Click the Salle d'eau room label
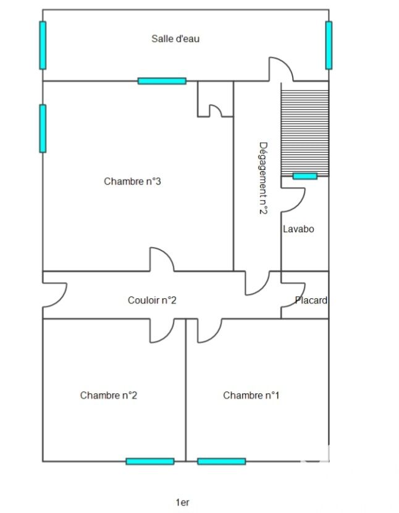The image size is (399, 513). [175, 39]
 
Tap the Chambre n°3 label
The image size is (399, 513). [132, 181]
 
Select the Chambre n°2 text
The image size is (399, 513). [108, 395]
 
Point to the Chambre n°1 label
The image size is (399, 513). [251, 395]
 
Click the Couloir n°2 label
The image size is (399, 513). [152, 300]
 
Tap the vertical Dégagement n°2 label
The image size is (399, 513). [264, 178]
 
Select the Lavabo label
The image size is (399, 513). [298, 228]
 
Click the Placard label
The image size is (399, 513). [311, 300]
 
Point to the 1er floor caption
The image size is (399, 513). [182, 503]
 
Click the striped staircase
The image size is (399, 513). [304, 129]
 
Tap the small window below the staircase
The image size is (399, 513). [304, 176]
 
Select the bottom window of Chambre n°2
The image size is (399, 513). [150, 461]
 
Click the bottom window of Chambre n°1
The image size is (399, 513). [222, 461]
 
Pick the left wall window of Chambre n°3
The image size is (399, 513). [43, 128]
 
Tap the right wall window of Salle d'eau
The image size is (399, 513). [329, 45]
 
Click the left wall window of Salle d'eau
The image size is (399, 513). [43, 45]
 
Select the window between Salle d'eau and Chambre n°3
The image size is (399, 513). [162, 81]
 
